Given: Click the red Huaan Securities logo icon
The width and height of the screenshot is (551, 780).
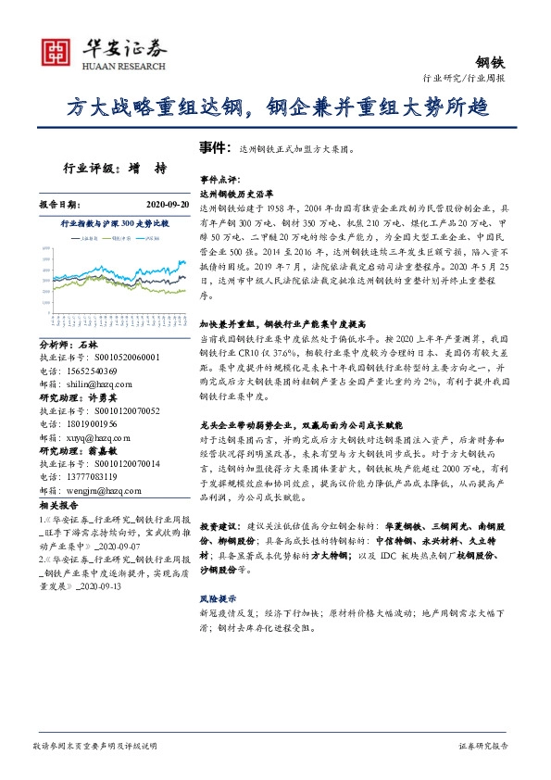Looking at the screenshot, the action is (56, 55).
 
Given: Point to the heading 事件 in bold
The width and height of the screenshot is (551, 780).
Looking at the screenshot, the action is (213, 147).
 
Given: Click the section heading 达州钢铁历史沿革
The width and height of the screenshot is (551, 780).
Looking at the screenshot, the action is (237, 195).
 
